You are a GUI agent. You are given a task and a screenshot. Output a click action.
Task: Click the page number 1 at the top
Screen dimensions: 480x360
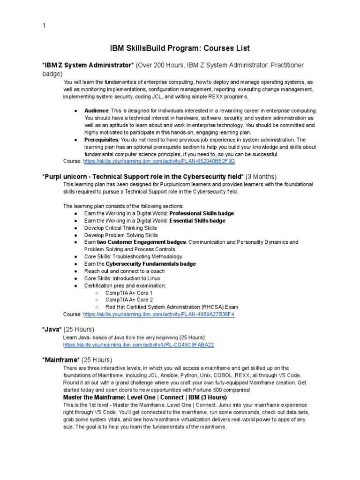[x=44, y=26]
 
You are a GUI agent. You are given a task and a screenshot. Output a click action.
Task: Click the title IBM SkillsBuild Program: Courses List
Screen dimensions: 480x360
[x=180, y=48]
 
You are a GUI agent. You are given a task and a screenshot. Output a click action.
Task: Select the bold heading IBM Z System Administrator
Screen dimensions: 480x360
[x=85, y=65]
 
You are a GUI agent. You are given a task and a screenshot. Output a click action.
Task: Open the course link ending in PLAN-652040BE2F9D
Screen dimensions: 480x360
[x=159, y=161]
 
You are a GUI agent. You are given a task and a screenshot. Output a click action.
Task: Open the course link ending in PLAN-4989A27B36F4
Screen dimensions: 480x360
[x=159, y=314]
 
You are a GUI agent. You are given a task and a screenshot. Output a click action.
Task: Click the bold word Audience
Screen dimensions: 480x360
[x=96, y=111]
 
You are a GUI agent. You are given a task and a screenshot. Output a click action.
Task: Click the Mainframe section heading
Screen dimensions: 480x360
[x=61, y=360]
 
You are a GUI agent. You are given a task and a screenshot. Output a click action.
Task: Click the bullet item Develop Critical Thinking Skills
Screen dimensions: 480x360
[x=120, y=228]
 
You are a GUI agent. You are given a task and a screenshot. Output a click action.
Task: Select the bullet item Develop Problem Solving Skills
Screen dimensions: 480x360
[x=121, y=235]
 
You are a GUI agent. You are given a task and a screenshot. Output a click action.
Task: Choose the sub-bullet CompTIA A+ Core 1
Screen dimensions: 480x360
[x=129, y=293]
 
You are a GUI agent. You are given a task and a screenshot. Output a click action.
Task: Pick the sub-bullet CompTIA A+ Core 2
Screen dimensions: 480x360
[x=129, y=300]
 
